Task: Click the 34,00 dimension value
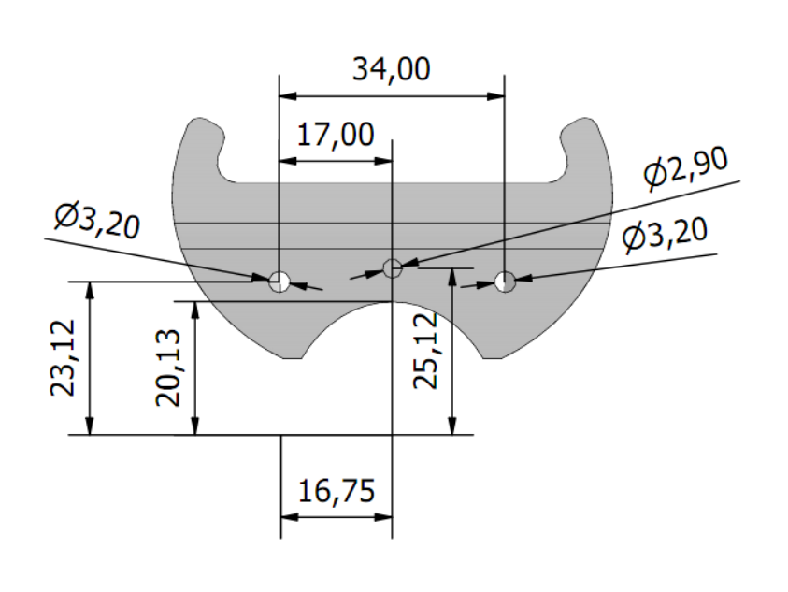[391, 69]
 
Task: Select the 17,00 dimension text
[336, 135]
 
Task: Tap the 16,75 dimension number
[337, 491]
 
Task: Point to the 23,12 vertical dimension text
[64, 357]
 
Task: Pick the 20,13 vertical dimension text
[168, 368]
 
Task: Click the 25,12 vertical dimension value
[425, 351]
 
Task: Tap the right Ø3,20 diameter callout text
[665, 234]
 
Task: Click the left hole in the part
[279, 282]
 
